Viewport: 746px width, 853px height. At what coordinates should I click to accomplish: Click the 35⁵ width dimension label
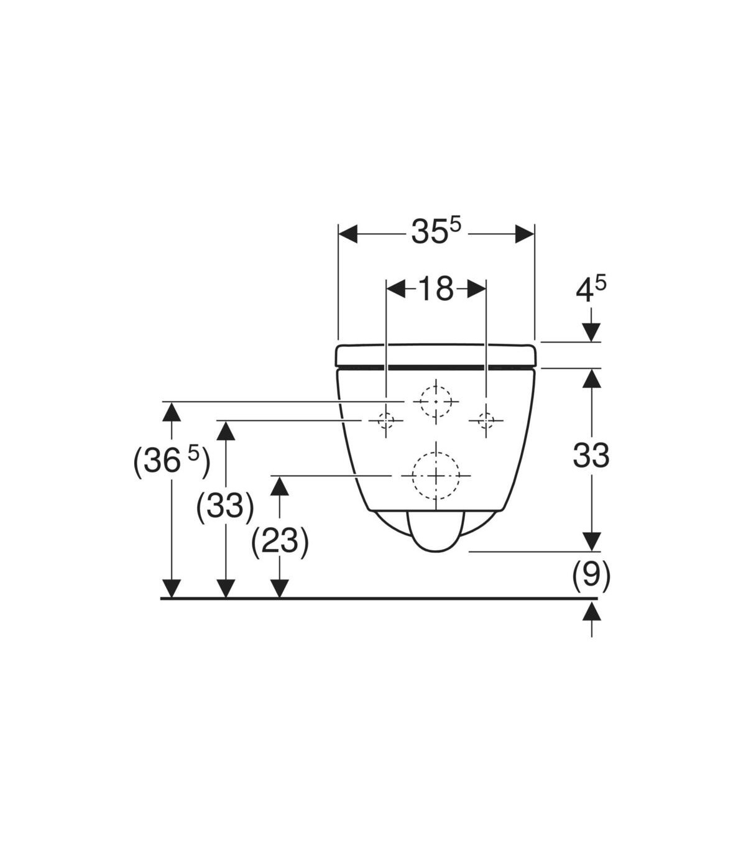click(x=436, y=231)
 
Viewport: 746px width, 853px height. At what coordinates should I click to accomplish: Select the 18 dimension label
click(x=436, y=288)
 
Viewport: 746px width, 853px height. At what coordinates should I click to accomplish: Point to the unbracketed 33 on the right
click(x=591, y=455)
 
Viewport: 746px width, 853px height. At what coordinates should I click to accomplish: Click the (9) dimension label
click(x=591, y=576)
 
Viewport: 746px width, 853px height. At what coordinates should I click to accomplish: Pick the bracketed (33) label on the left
click(x=225, y=507)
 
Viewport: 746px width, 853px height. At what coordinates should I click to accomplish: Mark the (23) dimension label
click(x=280, y=542)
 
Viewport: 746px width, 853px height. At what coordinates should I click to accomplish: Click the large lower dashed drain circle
click(x=436, y=475)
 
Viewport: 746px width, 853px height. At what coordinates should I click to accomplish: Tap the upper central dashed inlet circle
click(x=436, y=402)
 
